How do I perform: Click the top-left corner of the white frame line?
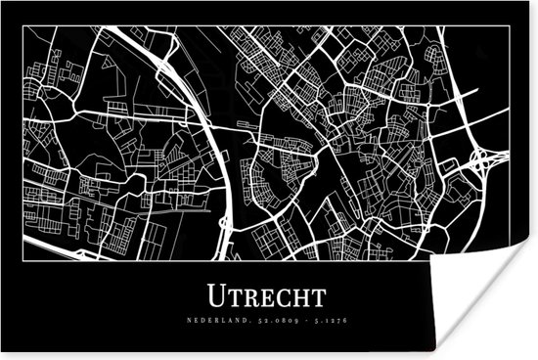pos(22,26)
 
